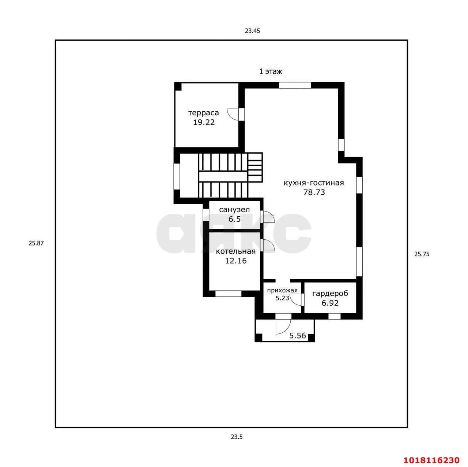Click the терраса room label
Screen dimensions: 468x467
204,113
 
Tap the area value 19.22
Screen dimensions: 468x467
204,122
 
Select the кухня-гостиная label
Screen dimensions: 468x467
314,183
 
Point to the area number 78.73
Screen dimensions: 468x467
314,192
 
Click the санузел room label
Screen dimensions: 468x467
234,210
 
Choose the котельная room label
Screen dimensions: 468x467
235,251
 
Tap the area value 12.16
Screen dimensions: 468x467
235,261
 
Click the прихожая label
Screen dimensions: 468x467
282,290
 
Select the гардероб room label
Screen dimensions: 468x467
330,294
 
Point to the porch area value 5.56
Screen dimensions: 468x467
298,336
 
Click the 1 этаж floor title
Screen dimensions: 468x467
271,72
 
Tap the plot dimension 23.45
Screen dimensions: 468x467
252,31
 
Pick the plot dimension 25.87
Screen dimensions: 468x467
36,243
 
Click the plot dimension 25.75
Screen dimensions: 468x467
422,254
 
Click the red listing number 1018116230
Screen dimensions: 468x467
431,460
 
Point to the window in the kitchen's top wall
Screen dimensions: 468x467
295,85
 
